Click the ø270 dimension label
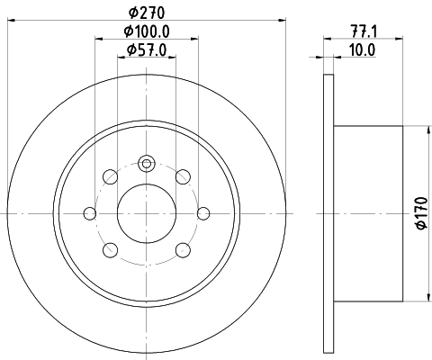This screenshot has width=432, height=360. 147,13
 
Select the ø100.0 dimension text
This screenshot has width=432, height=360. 147,31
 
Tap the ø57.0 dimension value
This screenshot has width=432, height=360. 147,49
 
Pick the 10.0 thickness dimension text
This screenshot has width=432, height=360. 363,49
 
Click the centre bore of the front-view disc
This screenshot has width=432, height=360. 147,212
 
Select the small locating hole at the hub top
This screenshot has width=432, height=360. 147,163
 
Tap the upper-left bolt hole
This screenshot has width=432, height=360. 110,175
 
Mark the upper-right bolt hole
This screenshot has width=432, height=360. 184,175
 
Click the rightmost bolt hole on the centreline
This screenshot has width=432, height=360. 203,212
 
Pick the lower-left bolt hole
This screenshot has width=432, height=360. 110,249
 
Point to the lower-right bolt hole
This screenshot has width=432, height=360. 184,249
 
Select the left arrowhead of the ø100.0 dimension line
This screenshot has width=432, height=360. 95,39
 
